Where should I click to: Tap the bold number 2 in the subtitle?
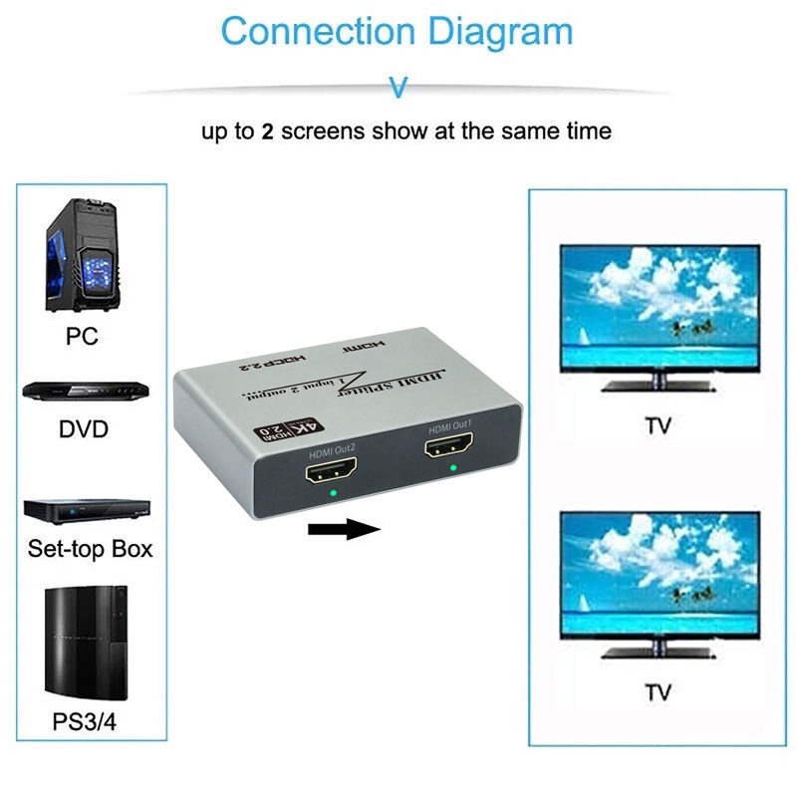coord(267,131)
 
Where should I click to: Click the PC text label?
coord(82,336)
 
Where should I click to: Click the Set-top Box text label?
coord(90,549)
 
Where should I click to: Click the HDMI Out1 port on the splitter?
coord(451,447)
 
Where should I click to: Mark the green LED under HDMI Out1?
coord(453,466)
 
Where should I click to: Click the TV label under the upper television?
coord(658,425)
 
